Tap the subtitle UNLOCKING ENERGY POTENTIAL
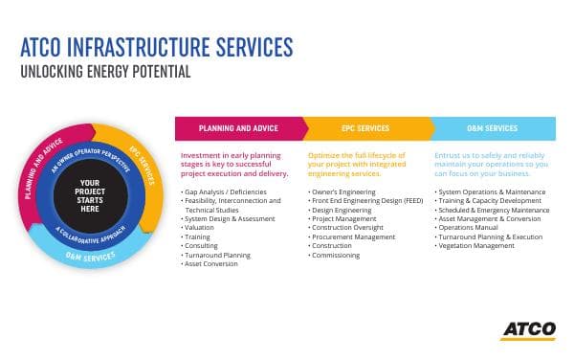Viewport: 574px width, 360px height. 105,72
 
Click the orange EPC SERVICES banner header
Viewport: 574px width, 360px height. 367,128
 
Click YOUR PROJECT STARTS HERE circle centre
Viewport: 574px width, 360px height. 90,194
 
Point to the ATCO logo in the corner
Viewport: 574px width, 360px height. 526,329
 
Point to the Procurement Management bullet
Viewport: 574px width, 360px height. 353,236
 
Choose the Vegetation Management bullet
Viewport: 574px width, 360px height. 476,245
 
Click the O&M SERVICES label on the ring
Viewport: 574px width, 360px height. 93,254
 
